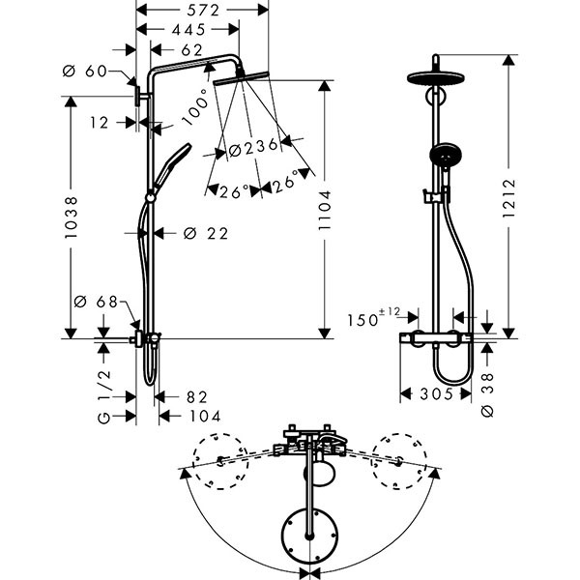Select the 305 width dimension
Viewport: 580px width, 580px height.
click(x=435, y=394)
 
